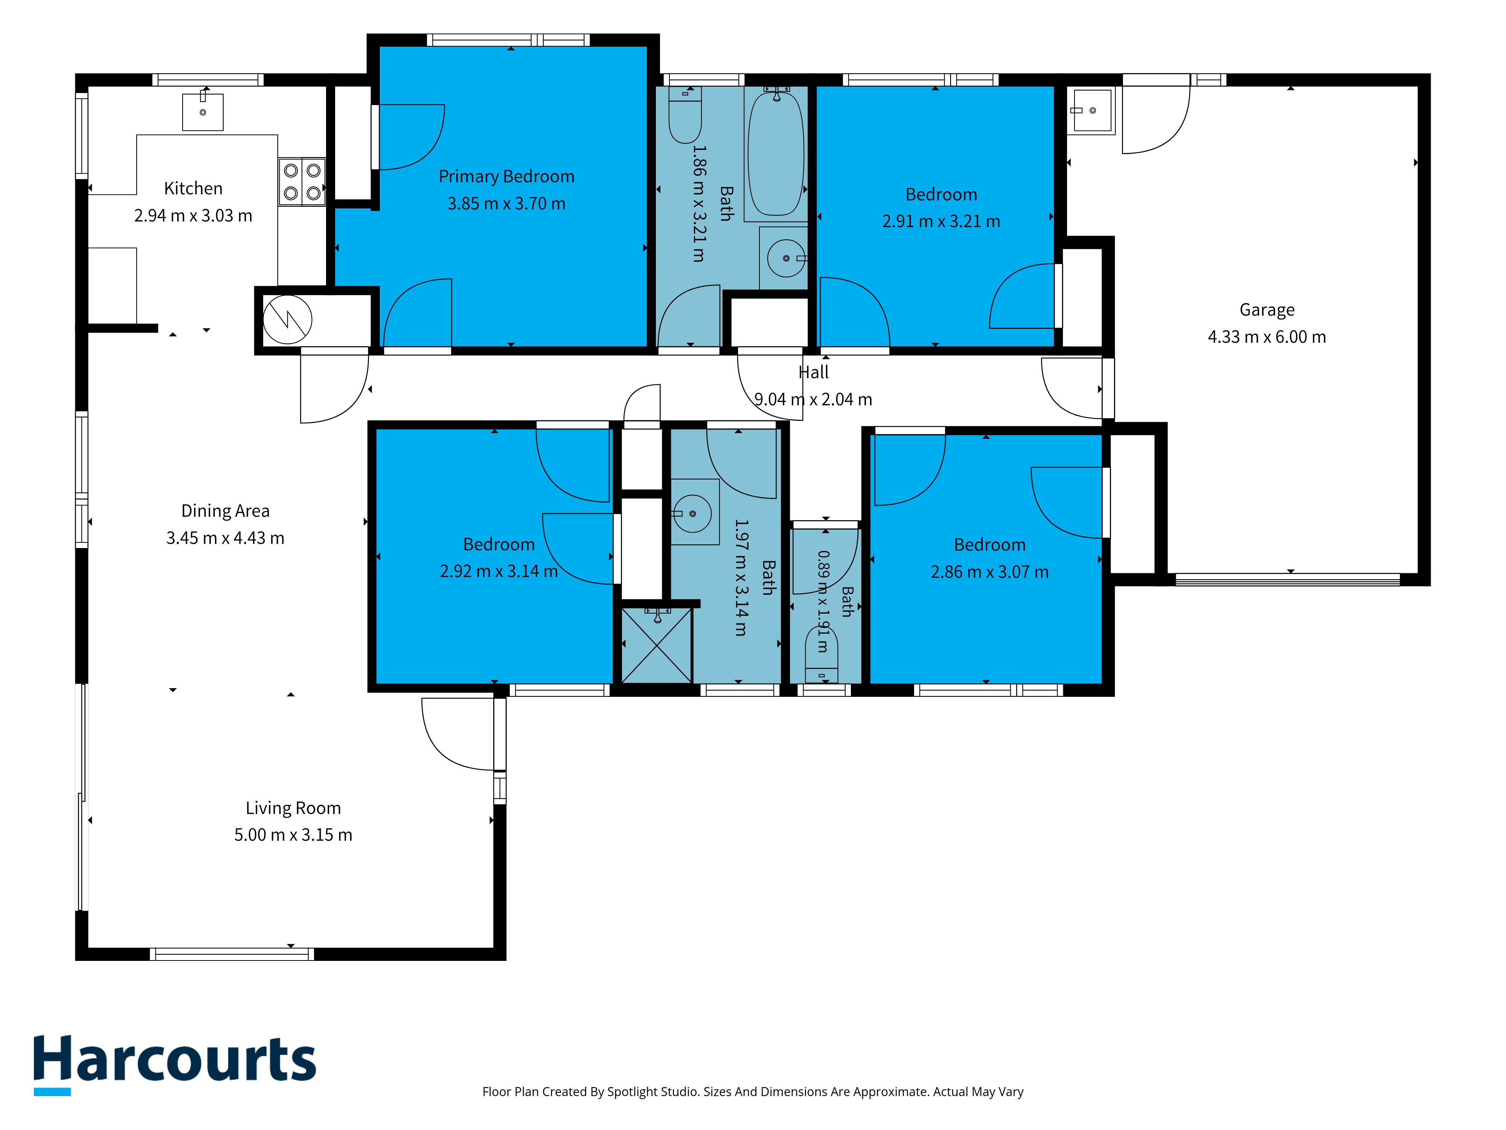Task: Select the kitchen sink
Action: [x=203, y=111]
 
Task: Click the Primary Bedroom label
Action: [x=506, y=176]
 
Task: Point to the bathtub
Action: [x=776, y=153]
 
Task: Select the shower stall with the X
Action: [x=656, y=645]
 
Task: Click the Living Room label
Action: [x=293, y=808]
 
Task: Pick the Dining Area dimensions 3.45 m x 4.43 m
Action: [x=226, y=538]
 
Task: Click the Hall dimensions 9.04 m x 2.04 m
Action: [x=813, y=399]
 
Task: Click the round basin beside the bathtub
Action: [x=787, y=258]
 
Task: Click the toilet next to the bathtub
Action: [x=685, y=115]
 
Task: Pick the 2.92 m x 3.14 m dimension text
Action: [x=499, y=571]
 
